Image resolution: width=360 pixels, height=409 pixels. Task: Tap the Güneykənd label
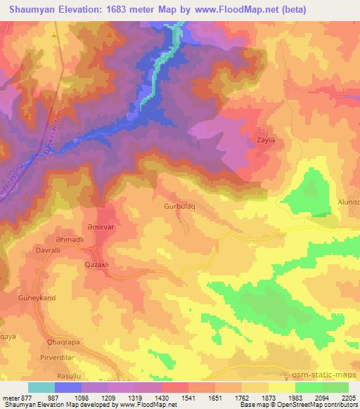36,299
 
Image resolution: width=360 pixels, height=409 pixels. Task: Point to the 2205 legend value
347,398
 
